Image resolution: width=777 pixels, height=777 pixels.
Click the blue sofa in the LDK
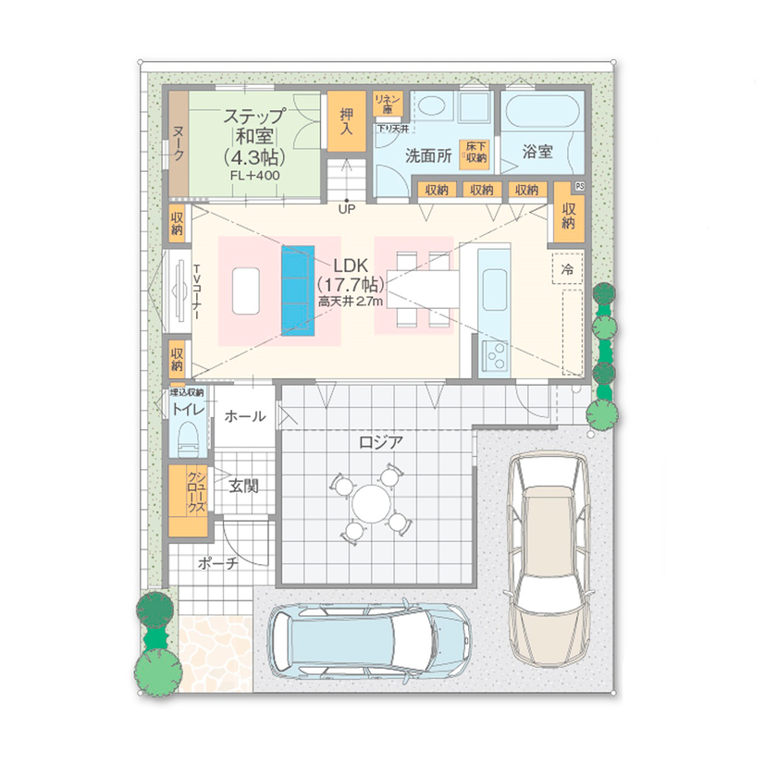[x=297, y=286]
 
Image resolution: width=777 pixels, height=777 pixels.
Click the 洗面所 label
[x=428, y=156]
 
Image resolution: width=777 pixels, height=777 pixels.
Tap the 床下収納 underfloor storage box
[x=476, y=152]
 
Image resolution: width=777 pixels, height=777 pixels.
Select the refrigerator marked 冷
[x=567, y=268]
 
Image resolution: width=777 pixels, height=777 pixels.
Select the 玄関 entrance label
[x=244, y=484]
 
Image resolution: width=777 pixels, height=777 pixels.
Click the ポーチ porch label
[x=217, y=563]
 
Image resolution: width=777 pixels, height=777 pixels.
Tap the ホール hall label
[x=245, y=417]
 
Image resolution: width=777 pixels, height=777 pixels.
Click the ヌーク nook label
[x=178, y=145]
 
